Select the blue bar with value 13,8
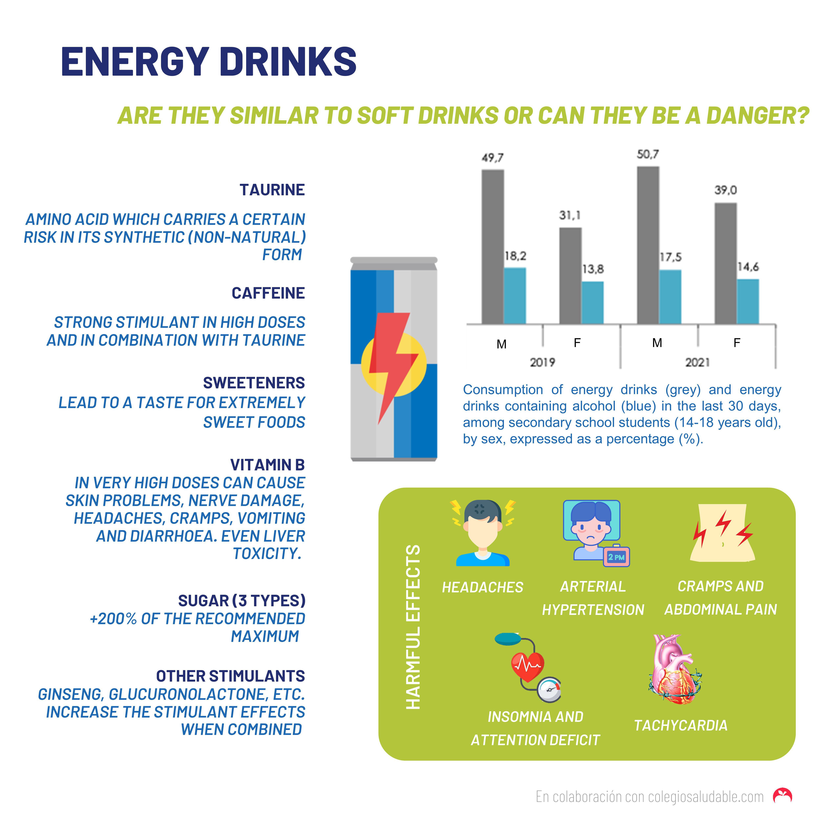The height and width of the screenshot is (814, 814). (592, 302)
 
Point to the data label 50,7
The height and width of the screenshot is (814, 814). (648, 155)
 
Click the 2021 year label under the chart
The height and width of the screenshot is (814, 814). (697, 362)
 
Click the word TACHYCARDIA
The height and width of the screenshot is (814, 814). (680, 726)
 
